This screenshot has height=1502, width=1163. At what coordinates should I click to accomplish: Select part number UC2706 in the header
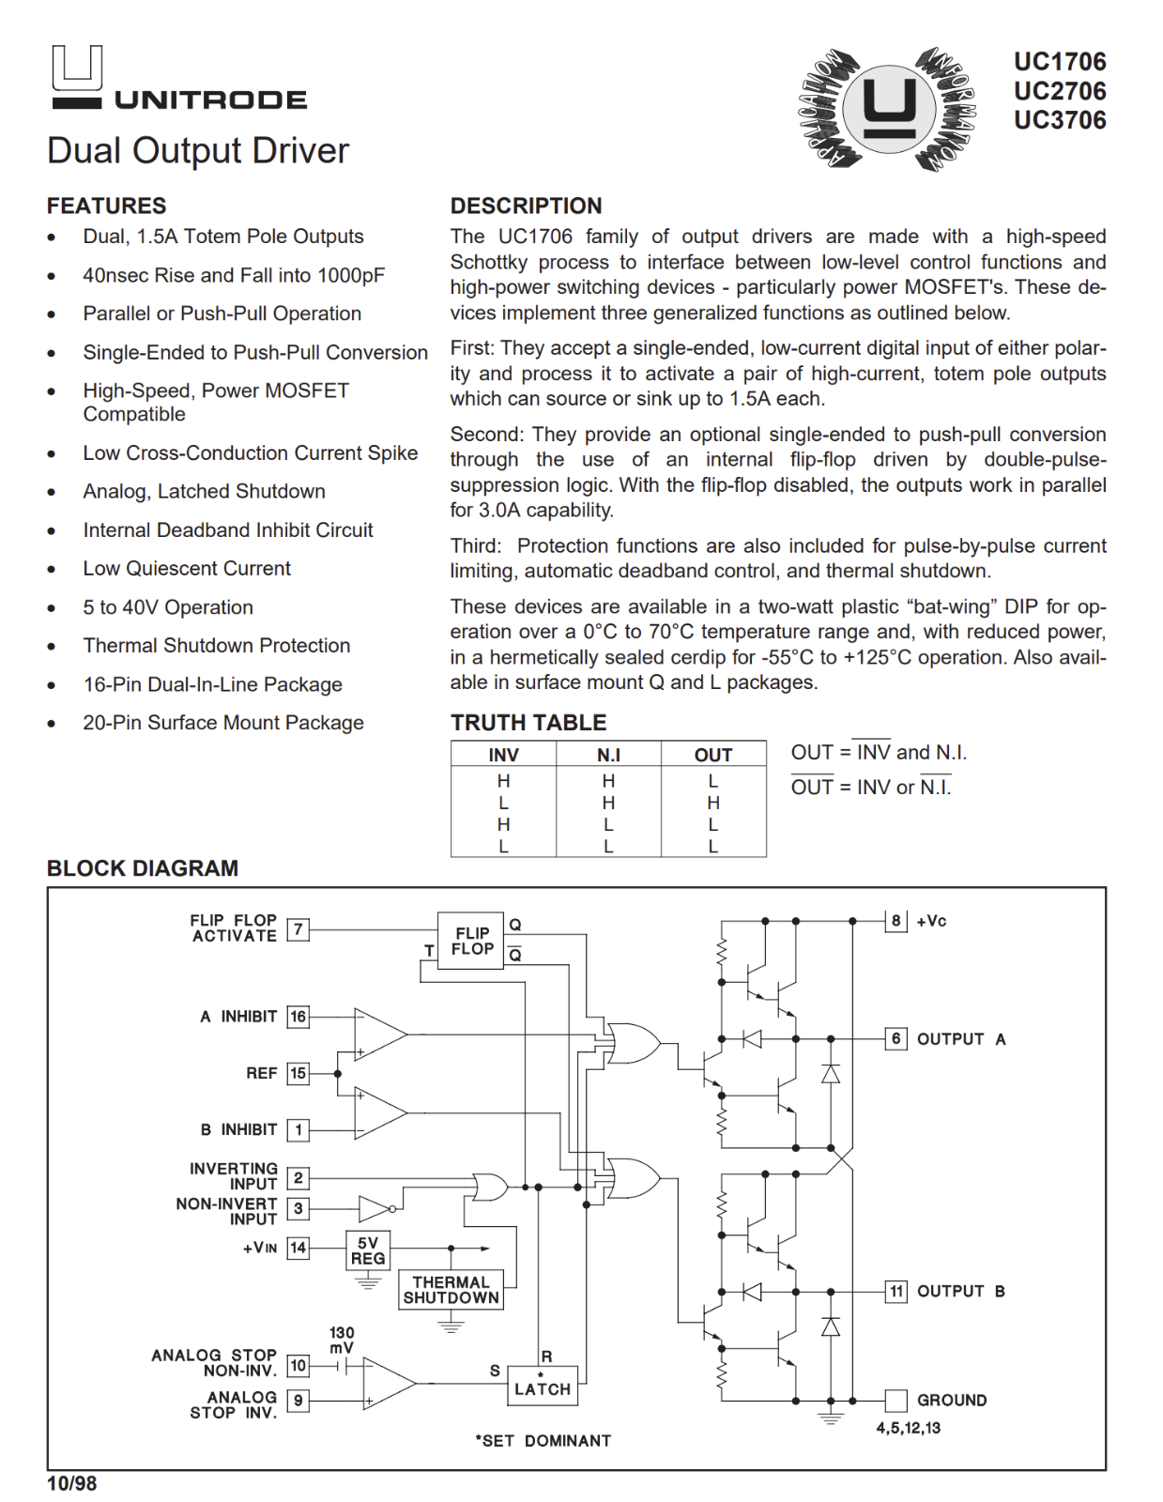[x=1059, y=91]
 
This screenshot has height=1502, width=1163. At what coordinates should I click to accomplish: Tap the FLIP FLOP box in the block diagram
[x=471, y=941]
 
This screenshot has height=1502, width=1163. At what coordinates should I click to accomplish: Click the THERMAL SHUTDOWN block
[x=451, y=1290]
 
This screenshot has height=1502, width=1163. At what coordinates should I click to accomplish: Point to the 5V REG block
[x=368, y=1250]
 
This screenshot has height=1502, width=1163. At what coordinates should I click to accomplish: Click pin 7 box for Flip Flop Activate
[x=298, y=929]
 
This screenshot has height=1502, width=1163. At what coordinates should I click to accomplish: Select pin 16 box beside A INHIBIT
[x=298, y=1017]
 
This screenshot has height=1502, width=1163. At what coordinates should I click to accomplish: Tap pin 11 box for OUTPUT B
[x=896, y=1291]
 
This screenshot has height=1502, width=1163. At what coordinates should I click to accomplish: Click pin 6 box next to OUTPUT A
[x=896, y=1038]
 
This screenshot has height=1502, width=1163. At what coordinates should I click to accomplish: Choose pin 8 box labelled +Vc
[x=896, y=921]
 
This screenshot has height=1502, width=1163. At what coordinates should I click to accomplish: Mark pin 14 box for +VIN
[x=298, y=1248]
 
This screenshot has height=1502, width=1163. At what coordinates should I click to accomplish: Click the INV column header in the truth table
[x=503, y=755]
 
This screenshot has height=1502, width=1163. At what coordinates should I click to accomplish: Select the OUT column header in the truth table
[x=713, y=755]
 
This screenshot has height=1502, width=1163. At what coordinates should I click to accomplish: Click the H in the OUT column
[x=713, y=803]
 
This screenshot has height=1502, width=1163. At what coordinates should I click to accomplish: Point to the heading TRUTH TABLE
[x=528, y=722]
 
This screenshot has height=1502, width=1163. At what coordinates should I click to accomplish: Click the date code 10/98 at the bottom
[x=72, y=1483]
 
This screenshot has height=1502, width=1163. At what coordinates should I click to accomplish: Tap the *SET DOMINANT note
[x=543, y=1440]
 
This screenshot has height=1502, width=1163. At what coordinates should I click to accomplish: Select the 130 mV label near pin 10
[x=342, y=1340]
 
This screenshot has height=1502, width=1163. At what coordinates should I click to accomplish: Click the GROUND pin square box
[x=896, y=1400]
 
